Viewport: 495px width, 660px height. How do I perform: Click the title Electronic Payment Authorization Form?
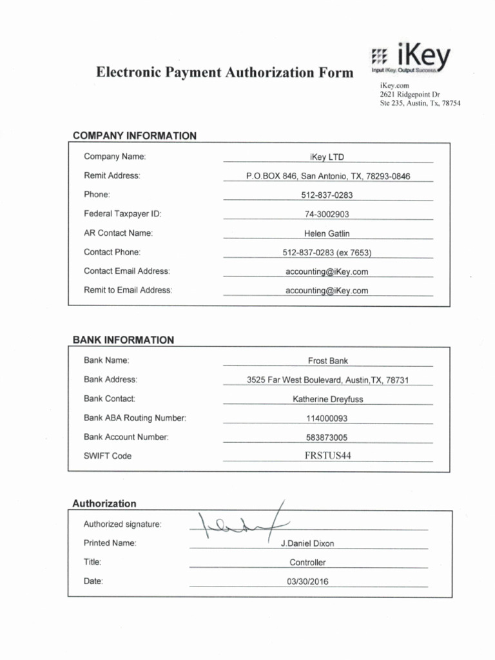224,72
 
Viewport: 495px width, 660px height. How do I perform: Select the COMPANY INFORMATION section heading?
135,136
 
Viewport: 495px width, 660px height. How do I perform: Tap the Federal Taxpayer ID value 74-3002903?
327,214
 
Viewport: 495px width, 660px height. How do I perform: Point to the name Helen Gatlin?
327,233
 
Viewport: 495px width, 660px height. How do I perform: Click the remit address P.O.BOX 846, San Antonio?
328,176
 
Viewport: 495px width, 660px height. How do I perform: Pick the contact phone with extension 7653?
327,253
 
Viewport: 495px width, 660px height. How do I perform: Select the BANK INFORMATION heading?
123,340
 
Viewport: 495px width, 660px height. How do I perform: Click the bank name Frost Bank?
328,361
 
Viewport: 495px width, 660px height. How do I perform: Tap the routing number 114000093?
327,418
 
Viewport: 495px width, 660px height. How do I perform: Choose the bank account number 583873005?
327,437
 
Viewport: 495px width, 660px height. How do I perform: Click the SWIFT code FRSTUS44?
328,456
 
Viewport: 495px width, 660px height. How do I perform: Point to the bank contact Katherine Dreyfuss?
328,399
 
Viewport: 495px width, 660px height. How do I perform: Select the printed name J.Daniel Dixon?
307,543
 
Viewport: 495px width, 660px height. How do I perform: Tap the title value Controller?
307,562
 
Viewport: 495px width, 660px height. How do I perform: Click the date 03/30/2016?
307,581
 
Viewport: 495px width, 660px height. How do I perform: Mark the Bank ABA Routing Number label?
135,418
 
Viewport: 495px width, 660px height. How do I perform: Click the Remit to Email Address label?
128,291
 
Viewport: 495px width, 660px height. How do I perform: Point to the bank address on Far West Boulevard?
328,380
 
